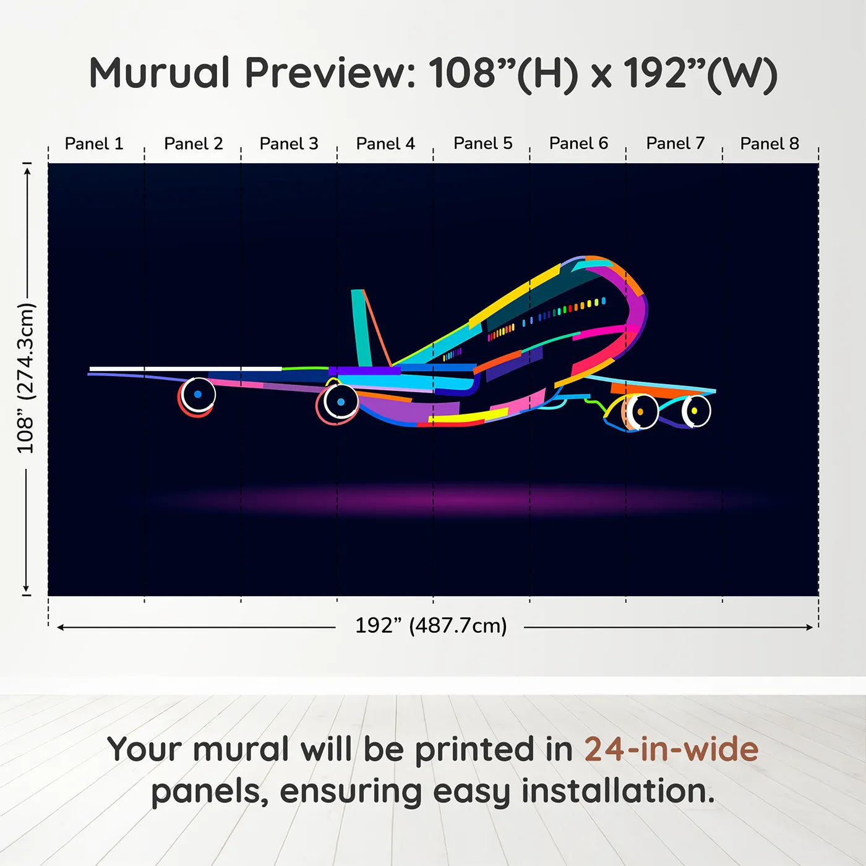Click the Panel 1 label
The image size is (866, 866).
point(94,144)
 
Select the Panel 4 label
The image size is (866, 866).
point(385,144)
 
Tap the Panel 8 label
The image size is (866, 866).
point(770,144)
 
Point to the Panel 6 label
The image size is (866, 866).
point(578,144)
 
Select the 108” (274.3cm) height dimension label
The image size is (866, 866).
point(26,378)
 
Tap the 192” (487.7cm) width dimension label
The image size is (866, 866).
point(431,625)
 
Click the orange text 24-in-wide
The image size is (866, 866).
point(671,749)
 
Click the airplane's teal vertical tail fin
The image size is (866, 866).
point(361,328)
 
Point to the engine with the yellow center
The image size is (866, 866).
point(695,411)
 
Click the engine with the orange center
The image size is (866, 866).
point(640,411)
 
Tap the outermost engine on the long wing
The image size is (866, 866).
point(197,395)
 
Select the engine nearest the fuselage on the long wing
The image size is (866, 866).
point(340,402)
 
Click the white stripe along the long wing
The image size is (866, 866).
point(186,369)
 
